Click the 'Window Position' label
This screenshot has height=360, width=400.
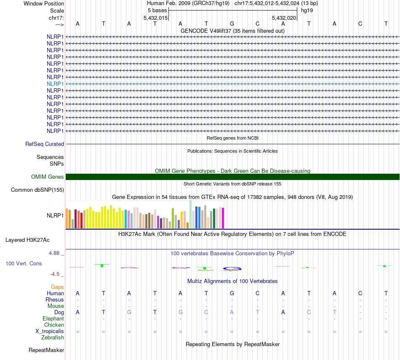pyautogui.click(x=44, y=3)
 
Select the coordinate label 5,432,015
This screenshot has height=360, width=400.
pyautogui.click(x=156, y=18)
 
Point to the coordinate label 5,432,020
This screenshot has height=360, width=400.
pyautogui.click(x=284, y=18)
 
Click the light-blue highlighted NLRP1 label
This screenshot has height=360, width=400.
pyautogui.click(x=55, y=84)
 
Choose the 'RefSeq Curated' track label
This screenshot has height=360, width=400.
pyautogui.click(x=45, y=144)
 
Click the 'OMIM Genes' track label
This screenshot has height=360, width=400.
pyautogui.click(x=48, y=177)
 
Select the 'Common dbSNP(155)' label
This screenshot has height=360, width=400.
pyautogui.click(x=37, y=190)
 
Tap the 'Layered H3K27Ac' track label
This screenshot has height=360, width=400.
pyautogui.click(x=27, y=240)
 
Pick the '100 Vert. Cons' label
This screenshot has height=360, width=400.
pyautogui.click(x=24, y=263)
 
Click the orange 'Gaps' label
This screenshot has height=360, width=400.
pyautogui.click(x=57, y=287)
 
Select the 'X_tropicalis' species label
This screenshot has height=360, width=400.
pyautogui.click(x=50, y=331)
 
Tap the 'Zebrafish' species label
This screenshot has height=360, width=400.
pyautogui.click(x=53, y=337)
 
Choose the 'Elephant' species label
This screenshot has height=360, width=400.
pyautogui.click(x=53, y=319)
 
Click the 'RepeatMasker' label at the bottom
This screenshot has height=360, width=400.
pyautogui.click(x=46, y=350)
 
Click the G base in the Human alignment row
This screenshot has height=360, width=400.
pyautogui.click(x=232, y=293)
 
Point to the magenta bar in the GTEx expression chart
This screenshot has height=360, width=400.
pyautogui.click(x=223, y=218)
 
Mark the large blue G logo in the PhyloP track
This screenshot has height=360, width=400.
pyautogui.click(x=232, y=268)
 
